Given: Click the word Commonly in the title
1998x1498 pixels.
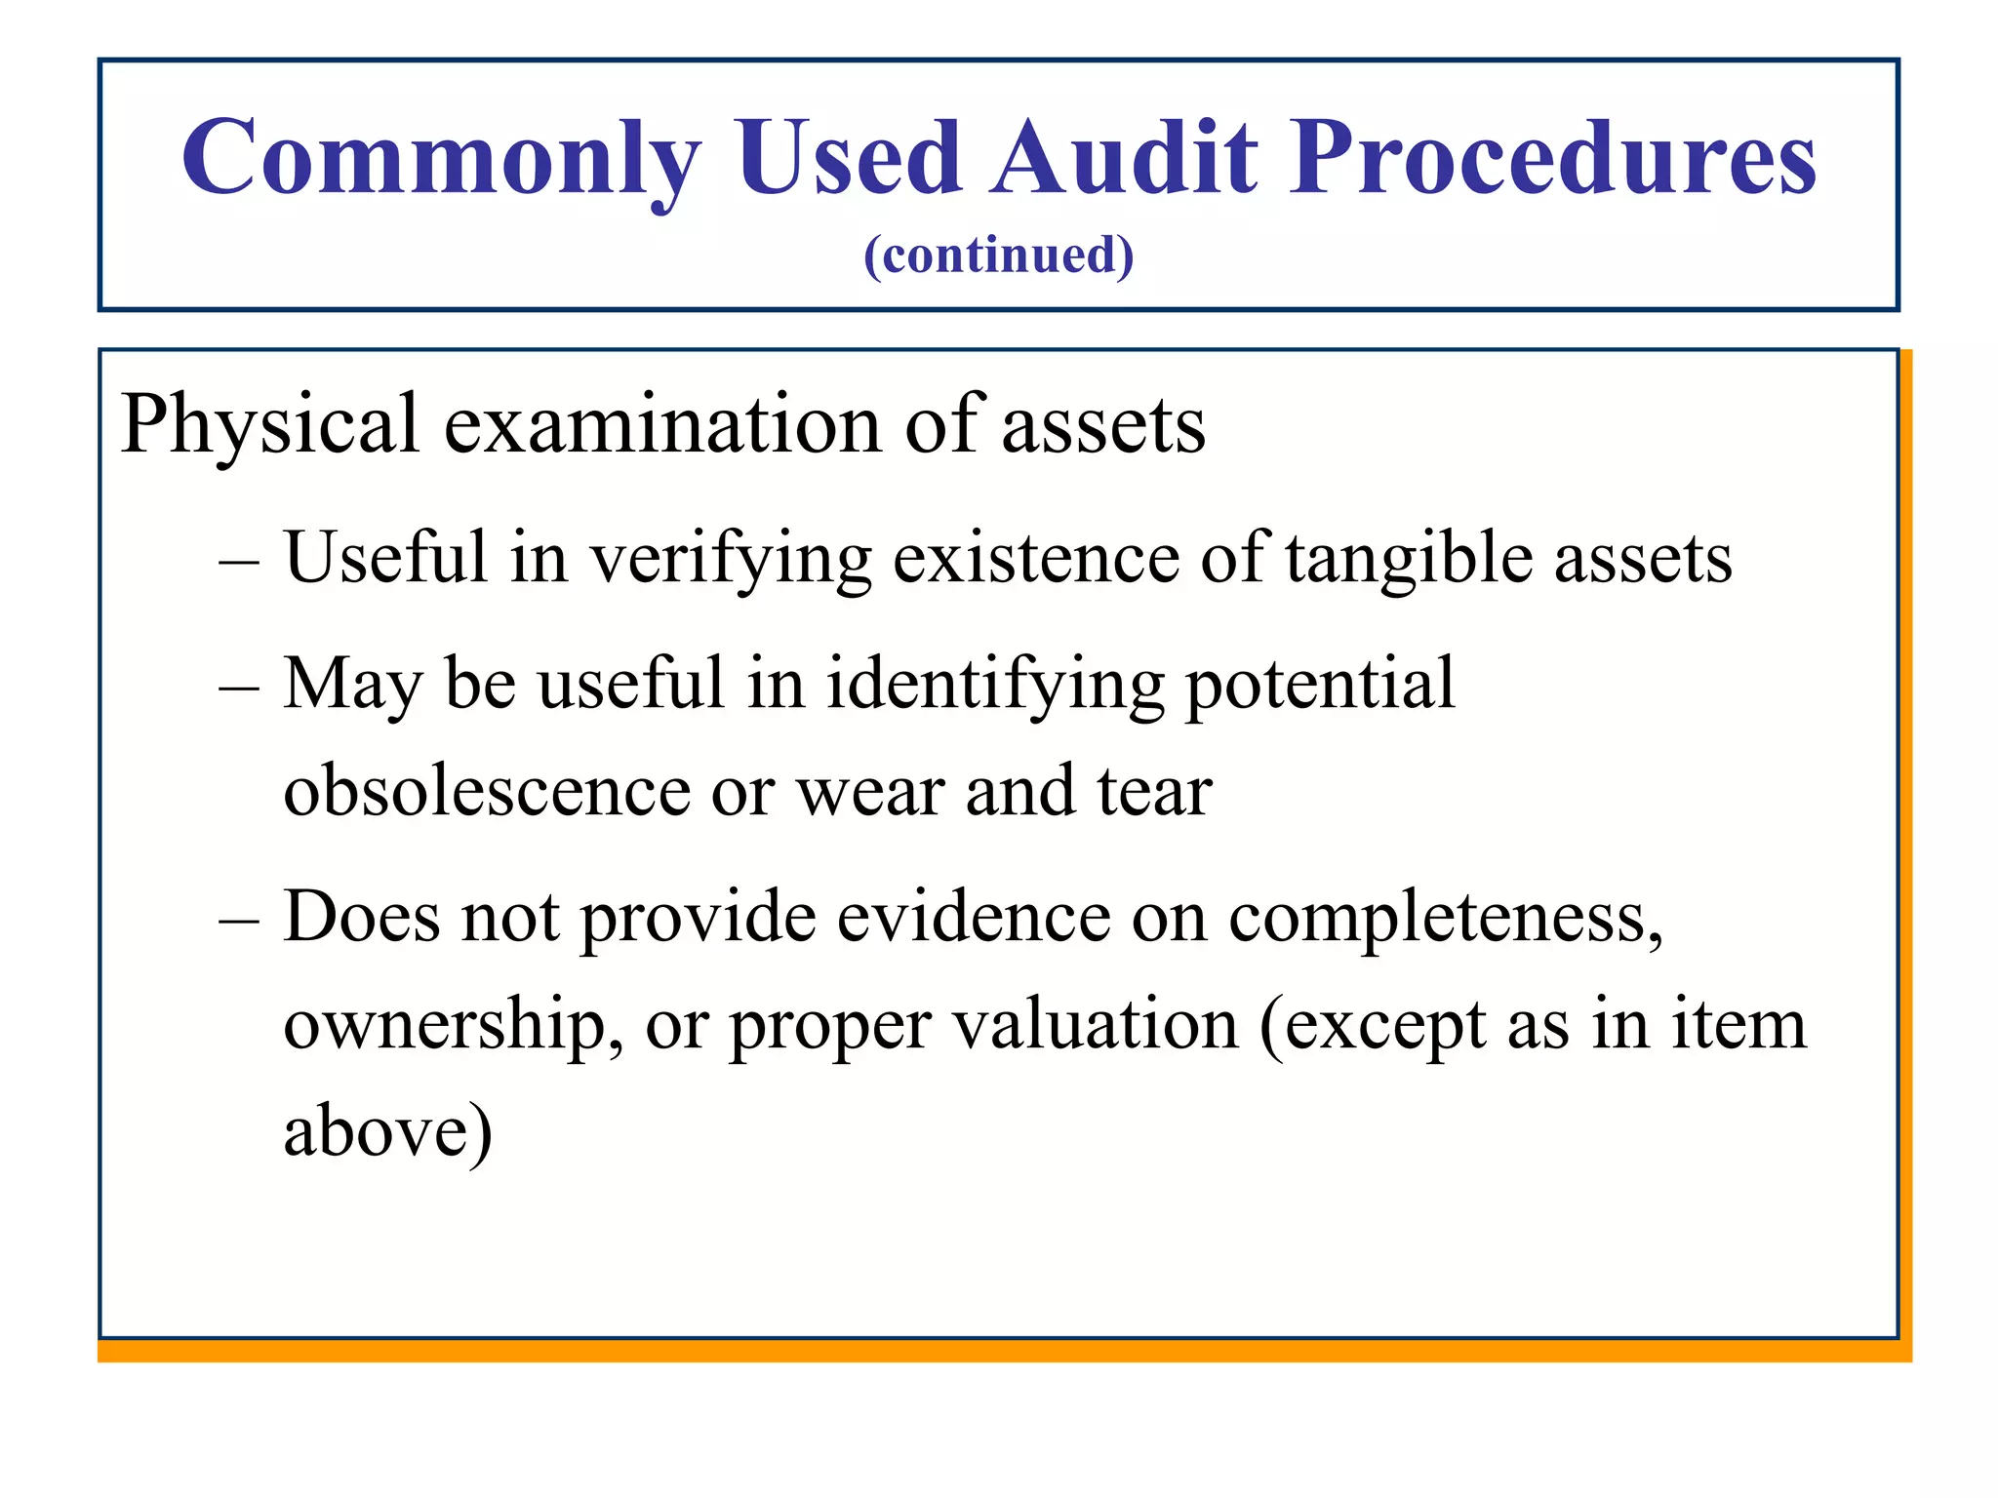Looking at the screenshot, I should coord(441,158).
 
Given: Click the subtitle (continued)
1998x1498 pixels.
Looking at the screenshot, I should coord(998,256).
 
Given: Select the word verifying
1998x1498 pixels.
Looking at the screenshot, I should coord(731,559).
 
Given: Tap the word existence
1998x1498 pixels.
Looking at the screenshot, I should coord(1036,559).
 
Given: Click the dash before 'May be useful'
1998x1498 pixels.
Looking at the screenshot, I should coord(240,687).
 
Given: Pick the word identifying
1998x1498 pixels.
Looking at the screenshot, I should coord(995,685).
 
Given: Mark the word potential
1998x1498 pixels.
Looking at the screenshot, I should coord(1320,685).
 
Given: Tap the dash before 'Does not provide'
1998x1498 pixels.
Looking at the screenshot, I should coord(240,920).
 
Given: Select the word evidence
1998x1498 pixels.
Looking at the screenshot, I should coord(973,918).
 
